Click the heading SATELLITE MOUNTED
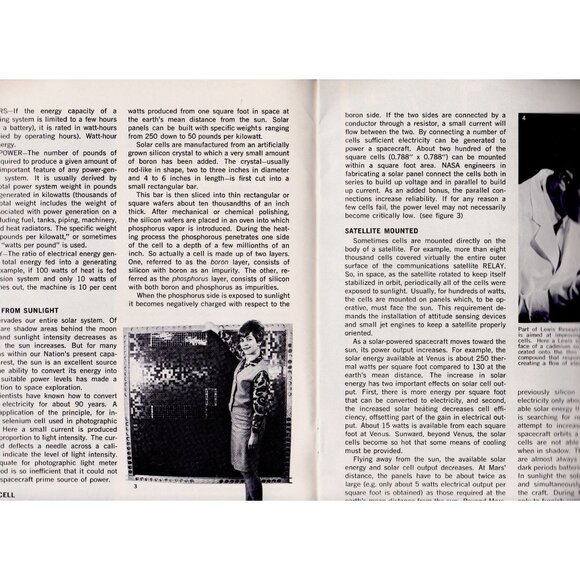[385, 230]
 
